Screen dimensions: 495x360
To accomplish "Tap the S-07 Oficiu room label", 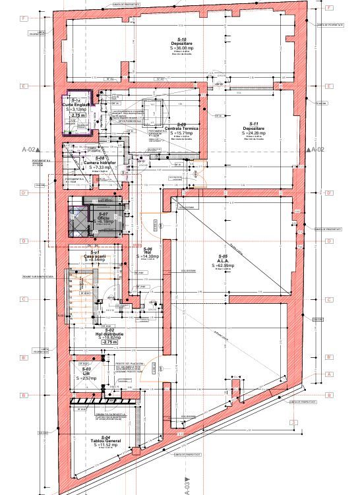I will (103, 217).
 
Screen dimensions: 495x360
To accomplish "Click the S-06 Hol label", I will (148, 251).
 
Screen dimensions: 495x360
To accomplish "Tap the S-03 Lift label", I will (86, 373).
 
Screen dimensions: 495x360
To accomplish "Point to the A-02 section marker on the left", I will (30, 150).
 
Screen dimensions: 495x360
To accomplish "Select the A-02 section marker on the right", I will (316, 150).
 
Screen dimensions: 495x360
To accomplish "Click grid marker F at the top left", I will (24, 18).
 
